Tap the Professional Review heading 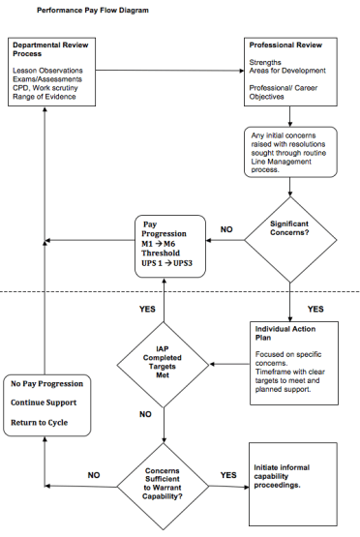coord(285,45)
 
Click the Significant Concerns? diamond coord(289,230)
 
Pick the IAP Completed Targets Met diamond coord(163,366)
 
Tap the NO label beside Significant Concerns coord(226,229)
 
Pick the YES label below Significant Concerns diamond coord(315,309)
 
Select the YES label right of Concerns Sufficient coord(228,475)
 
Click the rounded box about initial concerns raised coord(290,153)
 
